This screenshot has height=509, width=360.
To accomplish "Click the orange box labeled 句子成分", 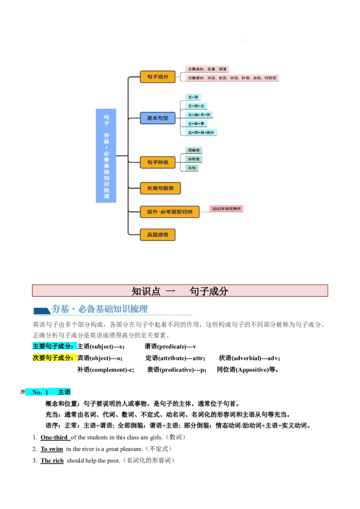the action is click(157, 77).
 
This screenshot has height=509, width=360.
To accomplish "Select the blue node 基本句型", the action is click(157, 118).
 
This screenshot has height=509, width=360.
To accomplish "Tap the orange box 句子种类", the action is click(157, 162).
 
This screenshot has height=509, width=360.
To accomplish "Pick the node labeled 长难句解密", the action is click(160, 188).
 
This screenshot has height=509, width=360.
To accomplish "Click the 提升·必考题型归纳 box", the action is click(170, 211).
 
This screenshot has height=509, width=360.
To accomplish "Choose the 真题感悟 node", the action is click(157, 235).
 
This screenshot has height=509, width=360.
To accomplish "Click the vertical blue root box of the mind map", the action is click(106, 156).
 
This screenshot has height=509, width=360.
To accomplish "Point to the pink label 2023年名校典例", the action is click(227, 209).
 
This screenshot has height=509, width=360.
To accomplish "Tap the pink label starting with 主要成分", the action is click(207, 69).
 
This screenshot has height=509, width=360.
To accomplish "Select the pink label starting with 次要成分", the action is click(232, 78).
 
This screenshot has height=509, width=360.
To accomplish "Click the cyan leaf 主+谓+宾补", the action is click(201, 133).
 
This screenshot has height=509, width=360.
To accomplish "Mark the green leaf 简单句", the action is click(194, 150).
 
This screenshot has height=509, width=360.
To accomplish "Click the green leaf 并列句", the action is click(194, 159).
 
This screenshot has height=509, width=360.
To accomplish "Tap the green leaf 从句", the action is click(192, 168).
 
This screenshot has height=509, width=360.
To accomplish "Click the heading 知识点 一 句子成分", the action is click(180, 291).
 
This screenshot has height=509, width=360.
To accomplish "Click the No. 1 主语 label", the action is click(51, 393).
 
